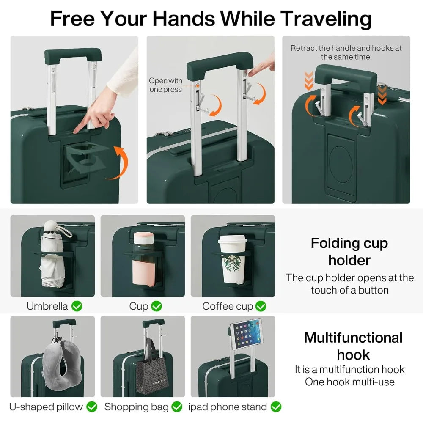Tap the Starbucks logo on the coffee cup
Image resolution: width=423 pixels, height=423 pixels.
232,264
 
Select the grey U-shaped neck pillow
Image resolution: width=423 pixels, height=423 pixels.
60,359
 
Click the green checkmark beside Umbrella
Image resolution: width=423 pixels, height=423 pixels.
77,306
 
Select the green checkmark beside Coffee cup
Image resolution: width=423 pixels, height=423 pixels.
261,306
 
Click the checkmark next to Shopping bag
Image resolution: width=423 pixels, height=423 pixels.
176,407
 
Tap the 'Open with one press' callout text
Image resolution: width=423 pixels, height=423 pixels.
165,85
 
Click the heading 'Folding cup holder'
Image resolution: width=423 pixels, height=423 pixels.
349,251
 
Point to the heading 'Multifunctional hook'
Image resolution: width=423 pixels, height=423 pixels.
353,346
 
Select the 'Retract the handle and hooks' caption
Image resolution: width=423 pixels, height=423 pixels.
346,52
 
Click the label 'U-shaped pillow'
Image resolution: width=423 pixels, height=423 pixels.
47,407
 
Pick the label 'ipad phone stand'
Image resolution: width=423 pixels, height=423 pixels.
228,407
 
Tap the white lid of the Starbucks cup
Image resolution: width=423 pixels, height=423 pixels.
232,240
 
